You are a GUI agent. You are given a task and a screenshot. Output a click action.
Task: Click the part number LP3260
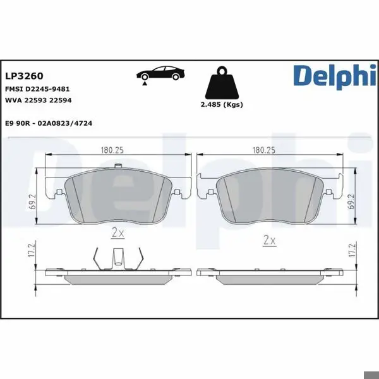click(x=24, y=76)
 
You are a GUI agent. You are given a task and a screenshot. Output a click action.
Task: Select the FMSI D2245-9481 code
click(x=37, y=89)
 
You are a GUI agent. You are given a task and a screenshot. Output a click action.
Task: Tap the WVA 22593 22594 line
click(x=39, y=100)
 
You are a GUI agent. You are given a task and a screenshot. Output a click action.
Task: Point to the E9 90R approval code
click(x=49, y=123)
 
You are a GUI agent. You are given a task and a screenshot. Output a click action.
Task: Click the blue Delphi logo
click(x=335, y=77)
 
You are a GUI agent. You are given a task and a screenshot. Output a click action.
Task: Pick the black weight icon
click(x=222, y=83)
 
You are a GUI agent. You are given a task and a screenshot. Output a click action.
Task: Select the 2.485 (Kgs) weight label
click(x=222, y=104)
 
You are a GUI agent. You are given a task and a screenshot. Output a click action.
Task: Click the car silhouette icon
click(x=160, y=73)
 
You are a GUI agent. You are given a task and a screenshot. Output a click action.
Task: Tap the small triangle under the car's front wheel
click(x=145, y=83)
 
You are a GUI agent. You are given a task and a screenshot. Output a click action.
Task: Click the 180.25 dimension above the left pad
click(x=112, y=150)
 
